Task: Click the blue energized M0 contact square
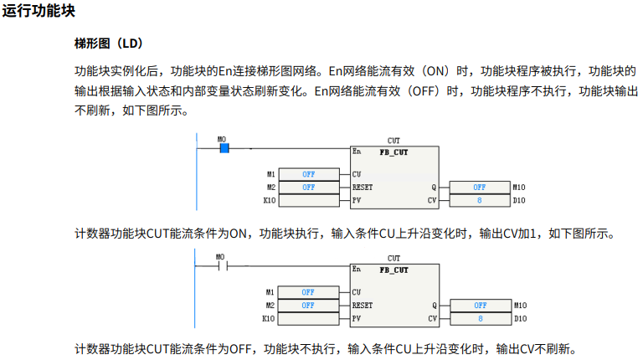[x=224, y=148]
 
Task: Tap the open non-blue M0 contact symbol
[x=223, y=267]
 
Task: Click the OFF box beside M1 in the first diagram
[x=308, y=174]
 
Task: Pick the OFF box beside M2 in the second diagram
[x=308, y=306]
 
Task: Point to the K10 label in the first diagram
[x=269, y=201]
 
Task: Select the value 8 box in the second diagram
[x=480, y=319]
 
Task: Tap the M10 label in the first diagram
[x=519, y=188]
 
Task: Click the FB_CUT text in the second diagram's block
[x=394, y=270]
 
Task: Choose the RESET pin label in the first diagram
[x=363, y=188]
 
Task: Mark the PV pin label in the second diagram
[x=357, y=319]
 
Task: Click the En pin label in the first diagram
[x=357, y=152]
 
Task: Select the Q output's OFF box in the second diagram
[x=480, y=306]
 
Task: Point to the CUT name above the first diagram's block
[x=394, y=141]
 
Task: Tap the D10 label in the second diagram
[x=519, y=319]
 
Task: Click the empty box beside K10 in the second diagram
[x=308, y=319]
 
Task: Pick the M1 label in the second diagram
[x=270, y=292]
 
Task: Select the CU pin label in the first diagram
[x=357, y=174]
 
